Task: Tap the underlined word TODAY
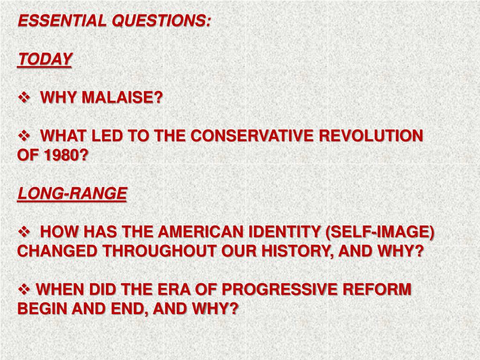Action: [x=45, y=59]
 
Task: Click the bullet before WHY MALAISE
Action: [x=23, y=97]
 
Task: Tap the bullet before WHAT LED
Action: [x=23, y=136]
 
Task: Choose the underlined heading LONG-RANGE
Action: [x=72, y=193]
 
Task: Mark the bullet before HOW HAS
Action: [x=23, y=232]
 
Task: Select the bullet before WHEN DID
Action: [x=23, y=290]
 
